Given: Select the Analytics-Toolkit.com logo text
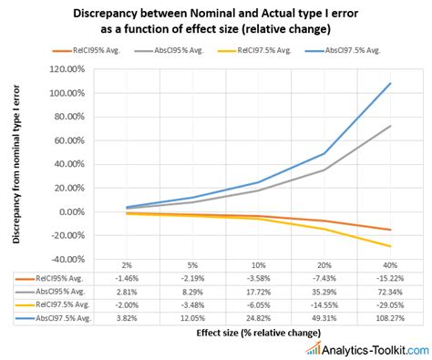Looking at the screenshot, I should tap(374, 349).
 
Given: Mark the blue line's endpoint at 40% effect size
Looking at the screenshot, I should tap(390, 84).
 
